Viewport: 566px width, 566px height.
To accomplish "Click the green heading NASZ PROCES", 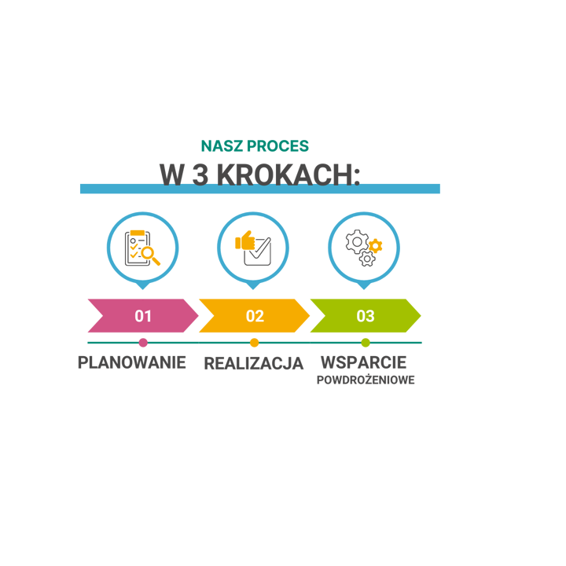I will coord(255,145).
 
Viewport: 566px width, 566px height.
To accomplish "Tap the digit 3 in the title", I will coord(200,174).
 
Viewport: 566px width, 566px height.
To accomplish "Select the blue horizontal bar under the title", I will coord(259,189).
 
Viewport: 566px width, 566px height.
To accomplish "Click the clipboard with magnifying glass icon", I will coord(142,248).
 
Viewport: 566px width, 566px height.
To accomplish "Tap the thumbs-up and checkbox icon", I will coord(253,248).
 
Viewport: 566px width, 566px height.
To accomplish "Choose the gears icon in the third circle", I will coord(364,248).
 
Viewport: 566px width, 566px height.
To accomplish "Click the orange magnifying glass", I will coord(149,255).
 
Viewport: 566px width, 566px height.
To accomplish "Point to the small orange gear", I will coord(376,245).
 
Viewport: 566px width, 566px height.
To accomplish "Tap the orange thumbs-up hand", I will coord(246,240).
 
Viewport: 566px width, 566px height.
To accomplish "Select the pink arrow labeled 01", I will coord(142,316).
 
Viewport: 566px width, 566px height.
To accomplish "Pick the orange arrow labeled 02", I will coord(254,316).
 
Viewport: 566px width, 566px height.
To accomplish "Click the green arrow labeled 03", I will coord(365,316).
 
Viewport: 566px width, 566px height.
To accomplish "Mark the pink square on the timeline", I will coord(142,343).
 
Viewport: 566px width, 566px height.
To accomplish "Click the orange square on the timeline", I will coord(254,343).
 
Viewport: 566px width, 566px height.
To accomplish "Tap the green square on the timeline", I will coord(366,343).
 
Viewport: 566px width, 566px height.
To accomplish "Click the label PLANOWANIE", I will coord(132,362).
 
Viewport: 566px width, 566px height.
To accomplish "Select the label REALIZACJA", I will coord(254,362).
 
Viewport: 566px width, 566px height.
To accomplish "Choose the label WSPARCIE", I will coord(363,362).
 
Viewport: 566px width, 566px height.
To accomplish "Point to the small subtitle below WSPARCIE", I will coord(366,380).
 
